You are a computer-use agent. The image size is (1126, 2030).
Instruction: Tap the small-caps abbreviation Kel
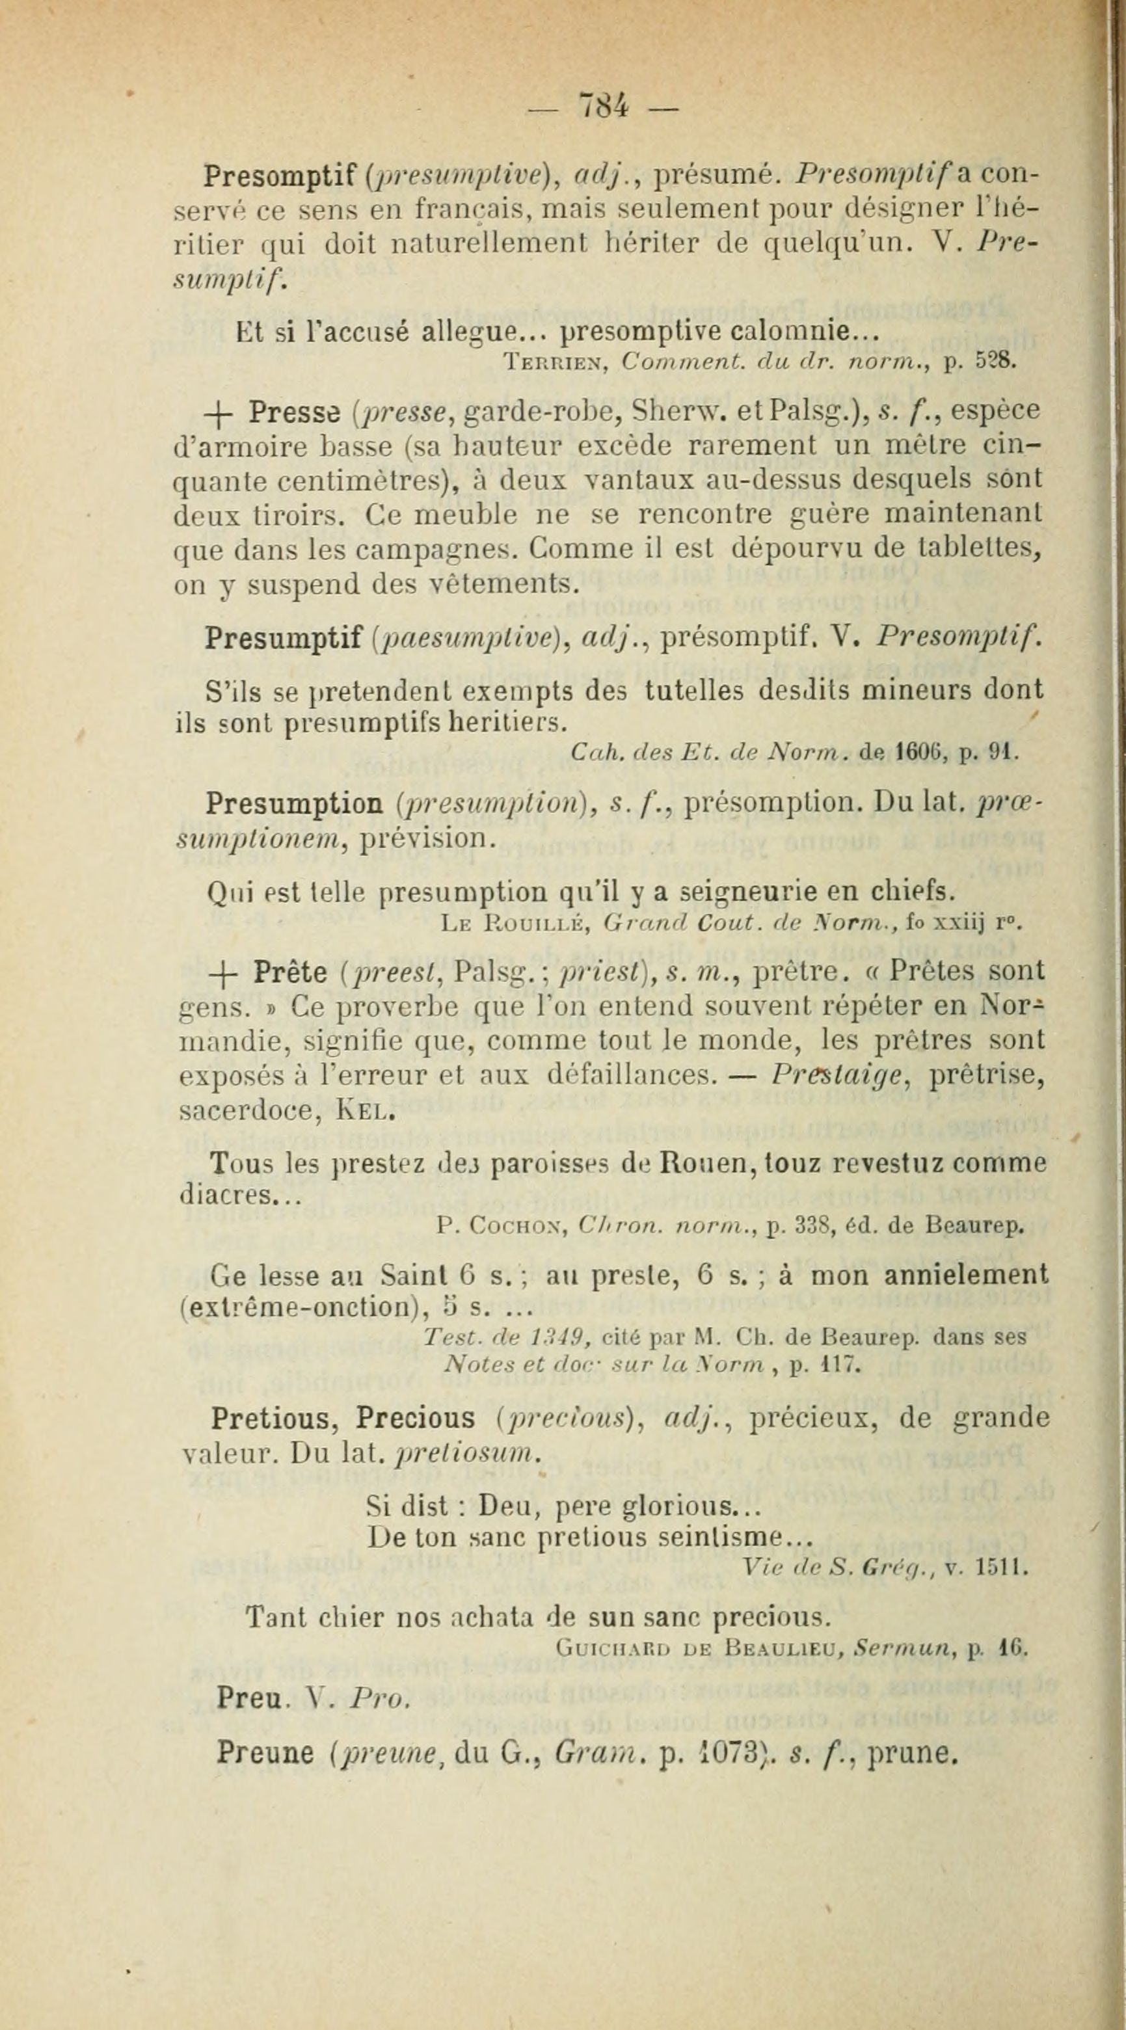363,1114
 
